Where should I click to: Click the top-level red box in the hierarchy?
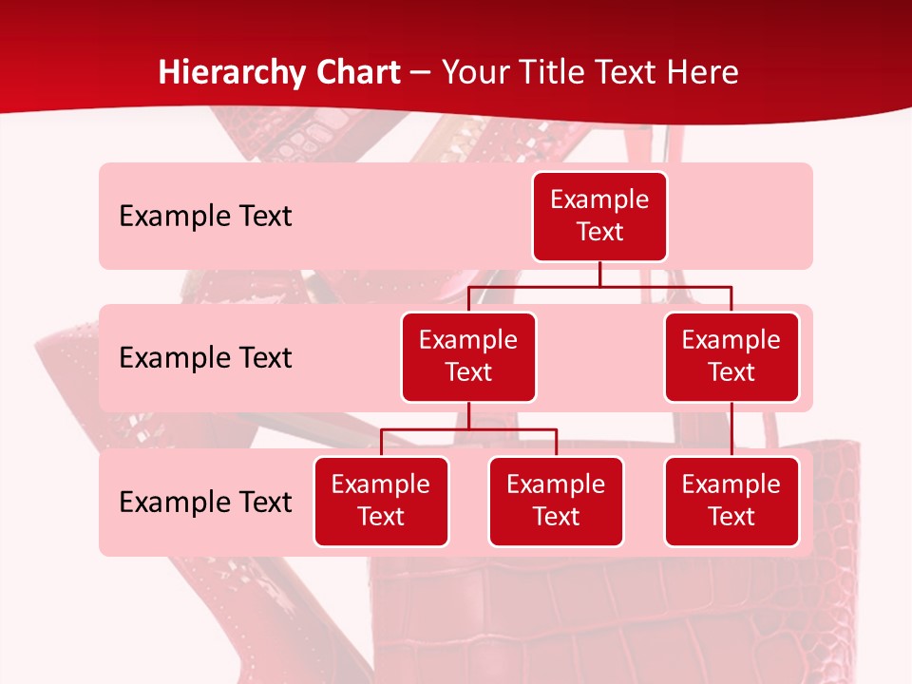click(x=599, y=216)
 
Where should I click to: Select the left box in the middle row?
click(x=468, y=356)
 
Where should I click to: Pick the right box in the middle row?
click(x=731, y=356)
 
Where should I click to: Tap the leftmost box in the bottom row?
click(x=381, y=501)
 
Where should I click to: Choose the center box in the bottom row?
click(x=556, y=501)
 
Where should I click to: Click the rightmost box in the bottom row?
click(x=731, y=501)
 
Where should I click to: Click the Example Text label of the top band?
click(x=205, y=217)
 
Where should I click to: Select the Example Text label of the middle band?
click(x=205, y=358)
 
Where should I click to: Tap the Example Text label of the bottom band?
click(x=205, y=503)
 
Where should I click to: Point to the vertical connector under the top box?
click(x=599, y=274)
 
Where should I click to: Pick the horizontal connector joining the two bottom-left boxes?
click(x=468, y=429)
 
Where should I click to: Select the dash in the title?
click(x=420, y=72)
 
